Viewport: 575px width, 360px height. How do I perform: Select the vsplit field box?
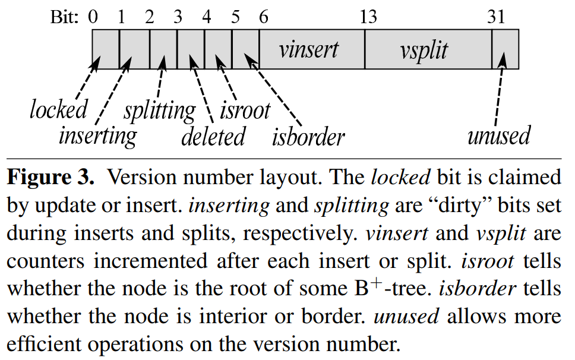[428, 50]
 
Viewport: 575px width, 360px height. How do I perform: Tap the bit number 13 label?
[368, 17]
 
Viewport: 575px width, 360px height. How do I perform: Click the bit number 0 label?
[93, 17]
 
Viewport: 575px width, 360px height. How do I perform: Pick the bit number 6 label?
[263, 17]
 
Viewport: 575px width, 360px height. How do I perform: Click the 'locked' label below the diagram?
[58, 109]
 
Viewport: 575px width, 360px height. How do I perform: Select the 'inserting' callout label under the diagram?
[97, 136]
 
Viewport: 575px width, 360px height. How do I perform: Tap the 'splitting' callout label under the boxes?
[159, 110]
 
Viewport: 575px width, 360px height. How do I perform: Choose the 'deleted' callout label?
[213, 137]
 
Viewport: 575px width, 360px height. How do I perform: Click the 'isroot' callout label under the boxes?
[245, 110]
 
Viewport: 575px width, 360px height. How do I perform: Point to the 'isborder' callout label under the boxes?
[308, 137]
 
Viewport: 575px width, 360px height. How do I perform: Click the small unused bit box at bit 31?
[506, 50]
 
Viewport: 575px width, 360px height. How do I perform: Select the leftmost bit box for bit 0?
[106, 50]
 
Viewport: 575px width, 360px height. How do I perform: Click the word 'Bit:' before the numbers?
[64, 17]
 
